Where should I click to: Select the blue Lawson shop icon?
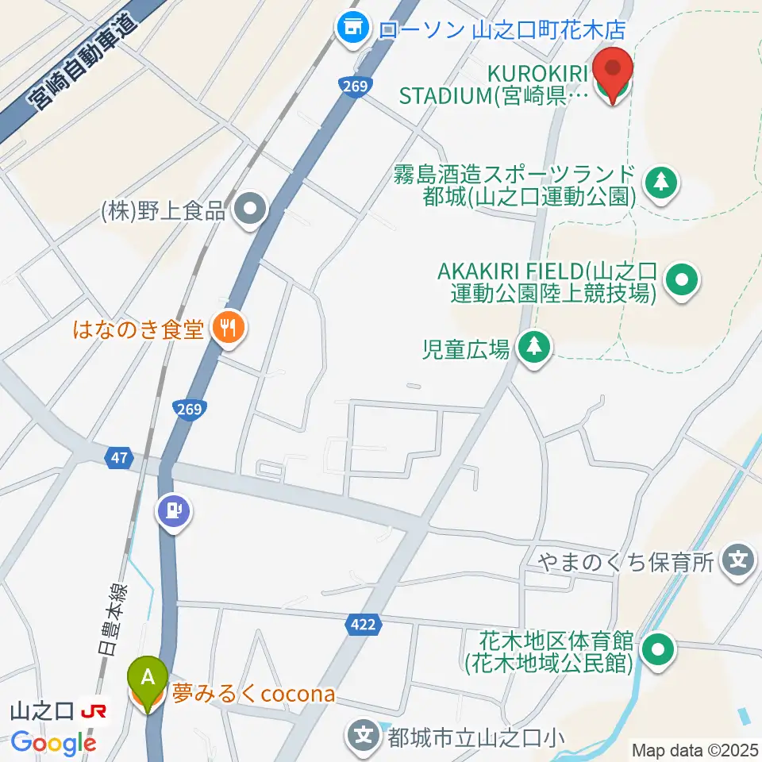(350, 30)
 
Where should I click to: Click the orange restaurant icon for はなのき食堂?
(228, 327)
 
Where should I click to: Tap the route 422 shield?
(362, 625)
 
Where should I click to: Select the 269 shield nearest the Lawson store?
(355, 86)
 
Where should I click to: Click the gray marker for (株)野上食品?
(252, 210)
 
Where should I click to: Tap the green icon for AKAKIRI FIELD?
(681, 280)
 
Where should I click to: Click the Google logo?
(53, 744)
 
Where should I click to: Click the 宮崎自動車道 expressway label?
(79, 63)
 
